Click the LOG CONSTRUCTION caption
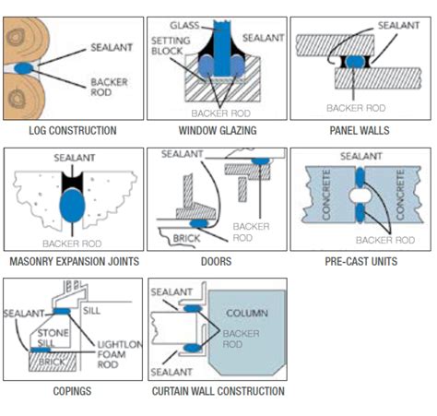73,130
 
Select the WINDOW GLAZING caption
215,130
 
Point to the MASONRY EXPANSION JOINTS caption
73,262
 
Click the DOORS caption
215,262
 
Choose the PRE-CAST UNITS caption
360,262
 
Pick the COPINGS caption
73,392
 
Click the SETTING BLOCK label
169,46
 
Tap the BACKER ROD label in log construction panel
109,87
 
